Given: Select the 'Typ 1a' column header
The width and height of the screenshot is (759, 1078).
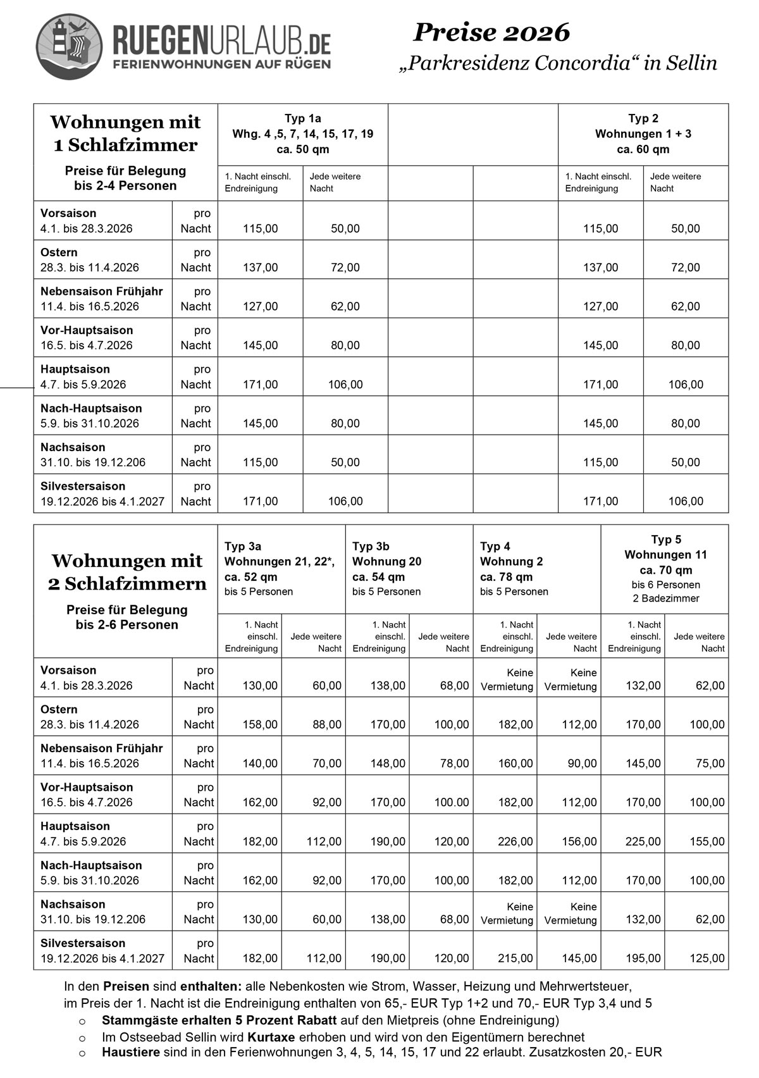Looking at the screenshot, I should pyautogui.click(x=302, y=118).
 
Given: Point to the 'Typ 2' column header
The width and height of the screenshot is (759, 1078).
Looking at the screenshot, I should pyautogui.click(x=643, y=118).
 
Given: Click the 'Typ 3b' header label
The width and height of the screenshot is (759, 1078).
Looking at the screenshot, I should pyautogui.click(x=371, y=546).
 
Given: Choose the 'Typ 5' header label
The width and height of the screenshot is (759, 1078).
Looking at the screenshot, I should pyautogui.click(x=666, y=540).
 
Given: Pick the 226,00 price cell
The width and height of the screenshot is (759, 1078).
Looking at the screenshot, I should pyautogui.click(x=515, y=841).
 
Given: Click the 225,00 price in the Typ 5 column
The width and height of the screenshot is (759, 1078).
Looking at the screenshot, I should pyautogui.click(x=643, y=841).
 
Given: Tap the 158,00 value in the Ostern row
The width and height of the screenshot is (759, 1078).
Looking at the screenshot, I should pyautogui.click(x=260, y=724).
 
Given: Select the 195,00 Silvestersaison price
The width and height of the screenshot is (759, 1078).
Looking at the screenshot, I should pyautogui.click(x=643, y=958).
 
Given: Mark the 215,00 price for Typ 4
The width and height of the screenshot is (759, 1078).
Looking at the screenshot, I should pyautogui.click(x=515, y=958).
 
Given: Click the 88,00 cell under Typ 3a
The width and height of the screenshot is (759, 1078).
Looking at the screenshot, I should pyautogui.click(x=327, y=724).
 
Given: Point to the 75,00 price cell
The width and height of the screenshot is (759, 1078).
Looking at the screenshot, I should pyautogui.click(x=710, y=764).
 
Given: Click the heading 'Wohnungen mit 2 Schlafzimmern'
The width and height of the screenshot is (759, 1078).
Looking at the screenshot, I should pyautogui.click(x=126, y=572).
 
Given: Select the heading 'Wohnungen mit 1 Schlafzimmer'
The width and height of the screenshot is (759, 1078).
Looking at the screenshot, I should pyautogui.click(x=125, y=133).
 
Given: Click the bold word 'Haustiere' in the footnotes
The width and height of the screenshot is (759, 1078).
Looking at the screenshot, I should pyautogui.click(x=131, y=1053).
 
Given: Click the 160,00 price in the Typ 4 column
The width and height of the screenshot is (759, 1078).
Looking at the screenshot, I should pyautogui.click(x=515, y=764).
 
